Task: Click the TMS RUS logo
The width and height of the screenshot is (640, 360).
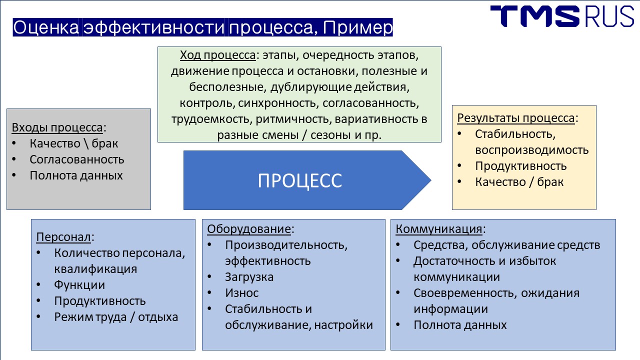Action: point(562,16)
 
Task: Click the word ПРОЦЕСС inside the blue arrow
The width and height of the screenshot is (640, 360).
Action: point(300,181)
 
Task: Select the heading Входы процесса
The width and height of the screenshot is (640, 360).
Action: point(57,127)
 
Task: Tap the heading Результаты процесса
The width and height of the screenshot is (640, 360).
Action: point(516,118)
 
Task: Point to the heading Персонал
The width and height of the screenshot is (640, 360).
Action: point(63,237)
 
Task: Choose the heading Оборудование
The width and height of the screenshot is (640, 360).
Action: point(249,229)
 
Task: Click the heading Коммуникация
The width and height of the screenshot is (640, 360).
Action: point(439,229)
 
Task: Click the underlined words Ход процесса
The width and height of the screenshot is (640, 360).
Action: point(217,55)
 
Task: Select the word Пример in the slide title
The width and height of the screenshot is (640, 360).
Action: point(358,27)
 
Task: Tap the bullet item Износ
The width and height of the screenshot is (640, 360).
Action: point(241,293)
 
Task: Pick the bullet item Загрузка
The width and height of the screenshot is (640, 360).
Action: point(249,277)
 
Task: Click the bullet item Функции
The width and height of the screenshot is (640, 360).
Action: point(79,285)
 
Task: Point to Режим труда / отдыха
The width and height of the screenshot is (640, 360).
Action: point(116,317)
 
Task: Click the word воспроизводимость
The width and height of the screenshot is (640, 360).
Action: point(531,150)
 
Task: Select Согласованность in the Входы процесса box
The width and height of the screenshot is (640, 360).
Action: point(77,159)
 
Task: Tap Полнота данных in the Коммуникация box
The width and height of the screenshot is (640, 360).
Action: point(460,325)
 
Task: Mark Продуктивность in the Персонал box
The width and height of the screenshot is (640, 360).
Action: point(100,301)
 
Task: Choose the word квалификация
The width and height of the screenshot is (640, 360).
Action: point(95,269)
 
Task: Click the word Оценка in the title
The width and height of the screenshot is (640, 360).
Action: point(45,27)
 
